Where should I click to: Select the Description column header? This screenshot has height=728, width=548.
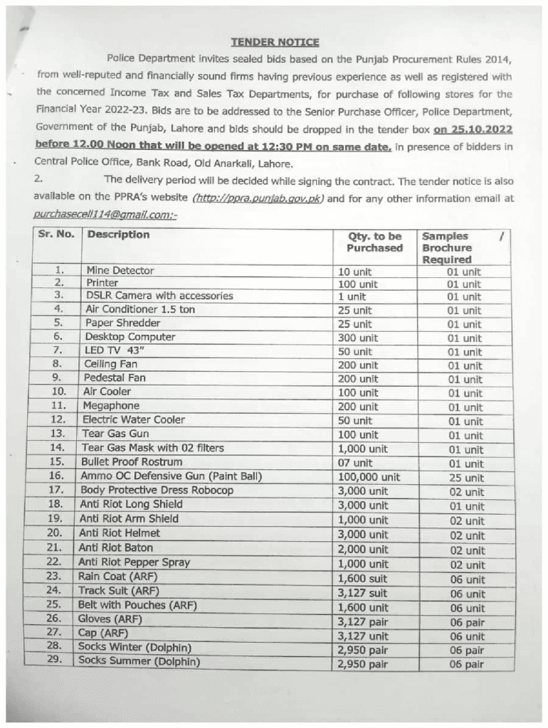117,235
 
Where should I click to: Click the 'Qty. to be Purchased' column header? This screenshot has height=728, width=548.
375,242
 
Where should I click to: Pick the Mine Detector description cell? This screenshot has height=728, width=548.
117,270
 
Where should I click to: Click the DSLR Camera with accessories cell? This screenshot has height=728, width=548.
159,296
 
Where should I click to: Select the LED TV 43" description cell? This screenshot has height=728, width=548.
115,350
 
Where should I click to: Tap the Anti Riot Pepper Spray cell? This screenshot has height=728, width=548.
135,562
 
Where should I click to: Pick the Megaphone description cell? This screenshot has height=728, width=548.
112,405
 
